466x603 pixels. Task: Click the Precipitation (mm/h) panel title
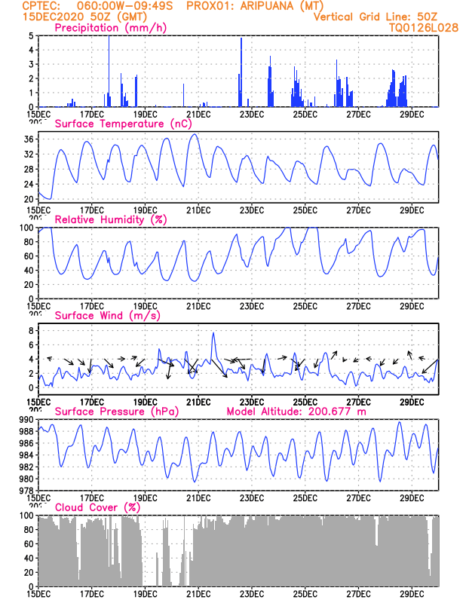[x=110, y=28]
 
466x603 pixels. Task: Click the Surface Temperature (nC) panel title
[x=123, y=124]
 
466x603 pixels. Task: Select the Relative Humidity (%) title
[x=111, y=219]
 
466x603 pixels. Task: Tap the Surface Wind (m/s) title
[x=107, y=316]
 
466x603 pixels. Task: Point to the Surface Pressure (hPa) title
[x=117, y=412]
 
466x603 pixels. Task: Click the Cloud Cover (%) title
[x=97, y=507]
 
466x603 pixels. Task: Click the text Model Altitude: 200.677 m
[x=296, y=412]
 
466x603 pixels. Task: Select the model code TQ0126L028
[x=423, y=28]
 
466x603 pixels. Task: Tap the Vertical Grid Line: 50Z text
[x=376, y=17]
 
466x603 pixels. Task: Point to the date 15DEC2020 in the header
[x=53, y=17]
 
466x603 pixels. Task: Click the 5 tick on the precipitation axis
[x=31, y=35]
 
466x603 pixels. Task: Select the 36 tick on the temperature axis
[x=29, y=139]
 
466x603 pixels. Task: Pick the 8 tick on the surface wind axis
[x=31, y=330]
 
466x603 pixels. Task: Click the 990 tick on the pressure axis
[x=26, y=419]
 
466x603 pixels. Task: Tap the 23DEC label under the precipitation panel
[x=252, y=115]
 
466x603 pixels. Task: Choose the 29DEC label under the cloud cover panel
[x=412, y=594]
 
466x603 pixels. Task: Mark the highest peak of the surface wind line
[x=213, y=333]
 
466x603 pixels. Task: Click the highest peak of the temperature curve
[x=195, y=134]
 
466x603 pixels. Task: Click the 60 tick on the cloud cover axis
[x=29, y=543]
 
